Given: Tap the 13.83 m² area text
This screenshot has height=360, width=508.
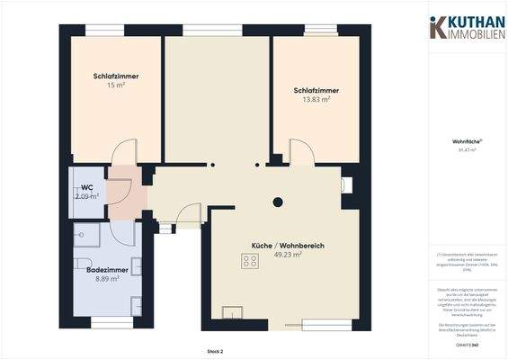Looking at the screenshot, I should pyautogui.click(x=316, y=99).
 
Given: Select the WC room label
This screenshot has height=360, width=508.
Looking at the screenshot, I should pyautogui.click(x=86, y=188).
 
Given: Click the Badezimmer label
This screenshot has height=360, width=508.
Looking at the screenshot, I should pyautogui.click(x=107, y=269).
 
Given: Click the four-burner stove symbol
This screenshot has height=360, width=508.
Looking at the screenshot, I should pyautogui.click(x=250, y=261).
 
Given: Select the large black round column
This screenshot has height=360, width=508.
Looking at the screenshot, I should pyautogui.click(x=278, y=202).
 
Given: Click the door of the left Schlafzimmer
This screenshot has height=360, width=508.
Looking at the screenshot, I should pyautogui.click(x=126, y=151).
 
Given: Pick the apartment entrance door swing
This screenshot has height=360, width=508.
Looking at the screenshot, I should pyautogui.click(x=187, y=215).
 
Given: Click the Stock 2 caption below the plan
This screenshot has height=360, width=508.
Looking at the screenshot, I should pyautogui.click(x=215, y=351).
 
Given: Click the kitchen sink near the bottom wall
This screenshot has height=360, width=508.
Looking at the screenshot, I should pyautogui.click(x=233, y=313).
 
